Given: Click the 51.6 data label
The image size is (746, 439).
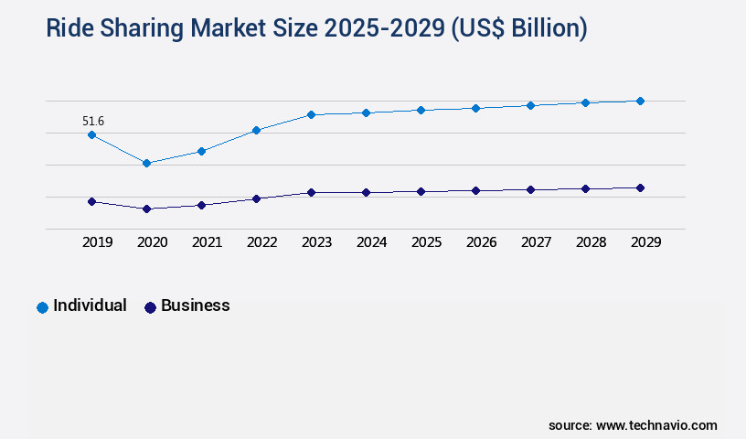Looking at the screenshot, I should click(92, 121).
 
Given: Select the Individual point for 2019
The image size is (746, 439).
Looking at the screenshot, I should click(91, 134).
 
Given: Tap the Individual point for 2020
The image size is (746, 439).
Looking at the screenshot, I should click(146, 163).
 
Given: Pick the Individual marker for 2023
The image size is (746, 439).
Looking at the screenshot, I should click(311, 114).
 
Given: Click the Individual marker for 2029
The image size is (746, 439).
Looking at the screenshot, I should click(640, 101).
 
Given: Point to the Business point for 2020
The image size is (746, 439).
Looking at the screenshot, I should click(146, 209).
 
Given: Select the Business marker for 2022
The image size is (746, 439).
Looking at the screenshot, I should click(256, 198).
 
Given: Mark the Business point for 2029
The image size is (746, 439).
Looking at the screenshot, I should click(640, 187).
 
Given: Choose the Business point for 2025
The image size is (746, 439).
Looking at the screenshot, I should click(421, 191).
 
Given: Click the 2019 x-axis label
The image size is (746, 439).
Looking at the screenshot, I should click(97, 242).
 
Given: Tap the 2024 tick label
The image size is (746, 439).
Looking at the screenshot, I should click(371, 242).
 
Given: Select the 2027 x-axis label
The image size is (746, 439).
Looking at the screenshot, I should click(536, 242).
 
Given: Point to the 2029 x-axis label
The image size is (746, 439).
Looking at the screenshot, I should click(645, 242).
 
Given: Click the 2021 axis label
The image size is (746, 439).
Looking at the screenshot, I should click(207, 242).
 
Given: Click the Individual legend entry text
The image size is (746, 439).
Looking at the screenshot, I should click(90, 305).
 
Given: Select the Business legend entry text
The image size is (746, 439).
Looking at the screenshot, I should click(195, 305).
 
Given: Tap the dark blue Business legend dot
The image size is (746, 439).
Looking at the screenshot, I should click(150, 307).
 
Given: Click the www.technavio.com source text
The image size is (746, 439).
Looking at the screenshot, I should click(656, 425).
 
